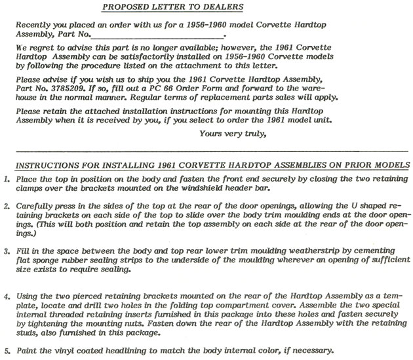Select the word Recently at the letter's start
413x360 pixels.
pyautogui.click(x=37, y=24)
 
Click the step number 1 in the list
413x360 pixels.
pyautogui.click(x=6, y=179)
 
